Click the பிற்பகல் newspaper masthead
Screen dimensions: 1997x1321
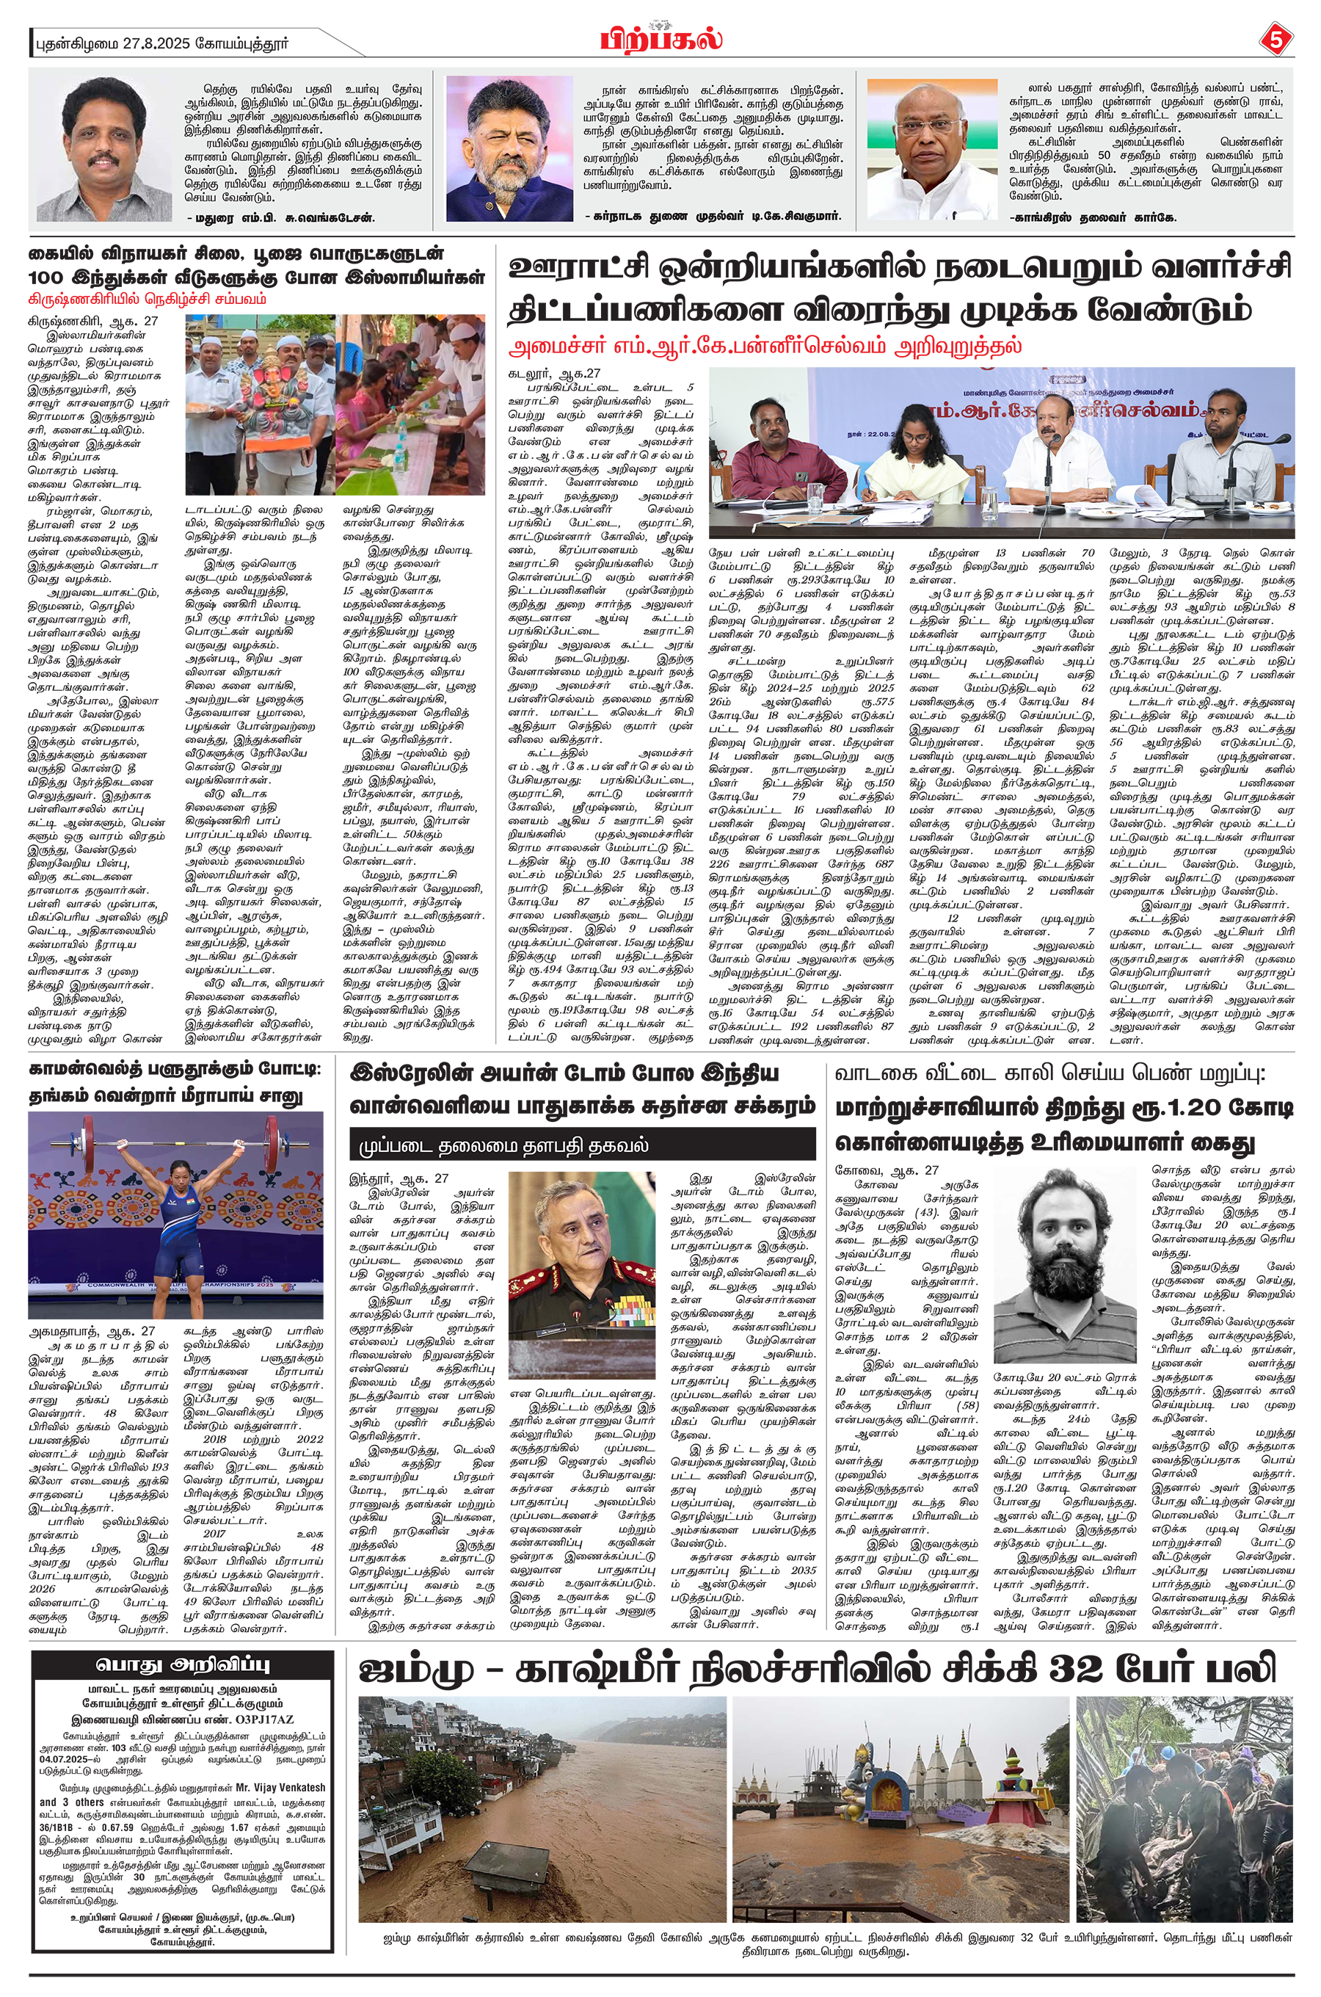click(661, 39)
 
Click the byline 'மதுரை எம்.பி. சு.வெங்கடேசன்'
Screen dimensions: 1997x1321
click(283, 217)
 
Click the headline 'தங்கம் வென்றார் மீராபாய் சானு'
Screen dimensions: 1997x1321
click(165, 1096)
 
